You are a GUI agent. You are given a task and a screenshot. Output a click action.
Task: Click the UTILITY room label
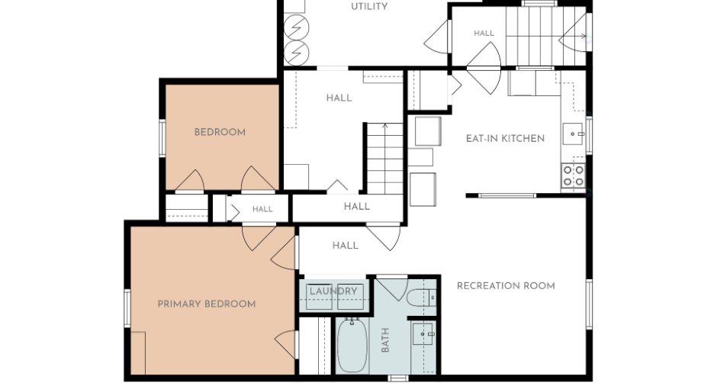click(369, 6)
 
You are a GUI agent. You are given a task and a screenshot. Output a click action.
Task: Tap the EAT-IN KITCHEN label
click(505, 139)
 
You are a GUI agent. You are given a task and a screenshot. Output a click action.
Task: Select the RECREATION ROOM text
click(506, 286)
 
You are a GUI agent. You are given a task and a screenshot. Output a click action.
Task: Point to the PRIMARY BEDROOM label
click(207, 304)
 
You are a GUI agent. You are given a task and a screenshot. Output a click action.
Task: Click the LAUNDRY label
click(333, 291)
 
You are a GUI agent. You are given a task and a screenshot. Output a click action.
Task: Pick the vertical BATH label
click(385, 339)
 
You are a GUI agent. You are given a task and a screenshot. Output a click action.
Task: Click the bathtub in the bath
click(352, 345)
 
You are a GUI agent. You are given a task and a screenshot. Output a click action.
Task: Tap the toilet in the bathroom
click(421, 298)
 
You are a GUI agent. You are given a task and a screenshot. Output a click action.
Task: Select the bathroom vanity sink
click(423, 334)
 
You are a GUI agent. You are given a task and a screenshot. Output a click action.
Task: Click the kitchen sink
click(573, 133)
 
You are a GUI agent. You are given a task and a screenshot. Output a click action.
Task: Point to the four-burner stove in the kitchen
click(574, 176)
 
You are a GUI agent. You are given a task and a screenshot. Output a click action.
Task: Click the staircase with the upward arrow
click(385, 158)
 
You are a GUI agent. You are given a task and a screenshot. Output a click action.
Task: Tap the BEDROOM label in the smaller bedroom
click(220, 132)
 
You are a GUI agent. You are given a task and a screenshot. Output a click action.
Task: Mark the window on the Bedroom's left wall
click(162, 137)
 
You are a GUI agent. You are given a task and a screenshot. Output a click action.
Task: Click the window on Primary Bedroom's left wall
click(127, 307)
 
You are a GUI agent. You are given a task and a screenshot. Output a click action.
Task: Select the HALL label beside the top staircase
click(484, 34)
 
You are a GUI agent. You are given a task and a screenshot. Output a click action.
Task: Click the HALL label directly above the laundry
click(346, 246)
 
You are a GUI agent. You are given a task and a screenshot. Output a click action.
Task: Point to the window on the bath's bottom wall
click(398, 378)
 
